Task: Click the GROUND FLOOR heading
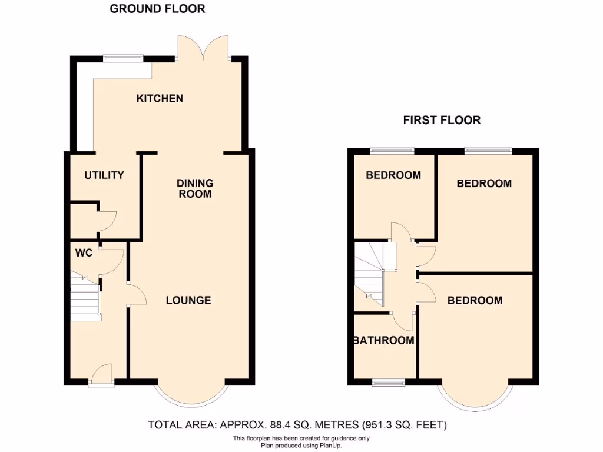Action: pyautogui.click(x=158, y=9)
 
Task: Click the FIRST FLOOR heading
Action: pyautogui.click(x=442, y=120)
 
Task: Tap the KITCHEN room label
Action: pyautogui.click(x=160, y=98)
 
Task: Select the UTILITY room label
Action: pyautogui.click(x=104, y=175)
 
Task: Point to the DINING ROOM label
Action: pyautogui.click(x=195, y=188)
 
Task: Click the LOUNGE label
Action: pyautogui.click(x=188, y=300)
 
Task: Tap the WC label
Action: pyautogui.click(x=83, y=253)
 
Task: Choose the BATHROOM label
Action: pyautogui.click(x=384, y=340)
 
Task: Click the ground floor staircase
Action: pyautogui.click(x=85, y=299)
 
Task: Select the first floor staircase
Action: pyautogui.click(x=370, y=274)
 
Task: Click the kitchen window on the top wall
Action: pyautogui.click(x=123, y=58)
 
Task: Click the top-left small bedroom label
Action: pyautogui.click(x=393, y=175)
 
